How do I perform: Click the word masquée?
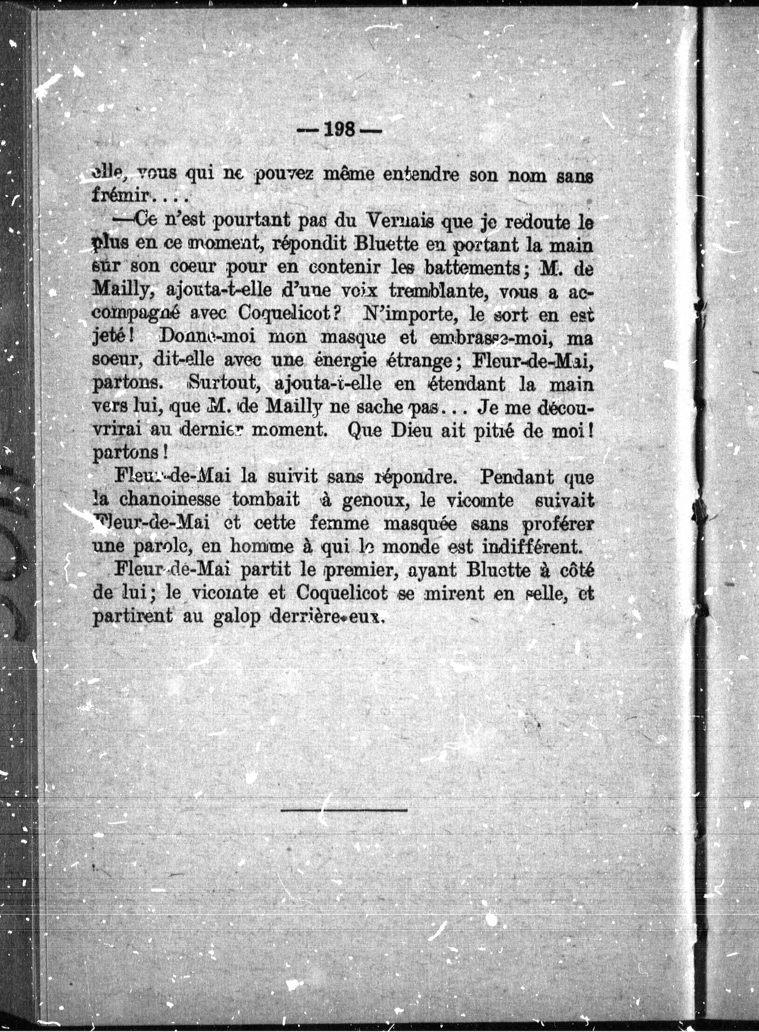pos(419,524)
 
